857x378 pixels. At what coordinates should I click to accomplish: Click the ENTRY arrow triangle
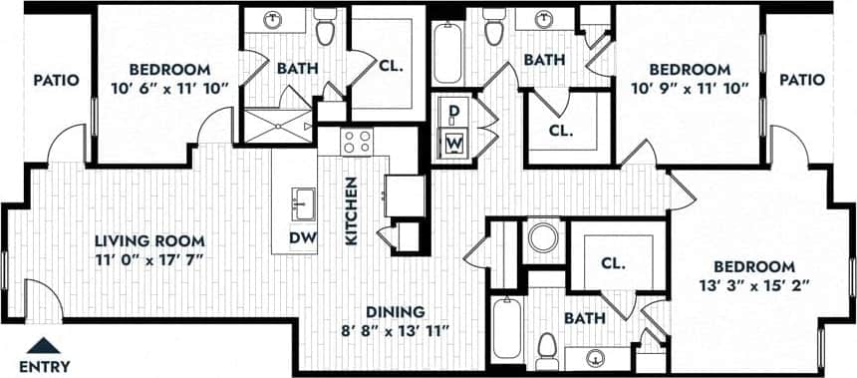click(42, 346)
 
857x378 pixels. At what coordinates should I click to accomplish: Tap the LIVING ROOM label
click(149, 240)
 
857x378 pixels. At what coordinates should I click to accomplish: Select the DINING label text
click(394, 310)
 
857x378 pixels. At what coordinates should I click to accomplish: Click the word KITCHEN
click(351, 210)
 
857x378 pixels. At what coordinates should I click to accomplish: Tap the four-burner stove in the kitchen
click(356, 143)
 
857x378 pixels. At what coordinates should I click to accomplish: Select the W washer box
click(454, 142)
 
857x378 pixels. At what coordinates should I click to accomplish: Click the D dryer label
click(453, 111)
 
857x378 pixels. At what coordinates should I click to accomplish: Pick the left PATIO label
click(56, 80)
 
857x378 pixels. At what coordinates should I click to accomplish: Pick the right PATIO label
click(802, 80)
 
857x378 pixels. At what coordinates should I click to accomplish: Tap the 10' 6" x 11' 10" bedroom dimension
click(169, 88)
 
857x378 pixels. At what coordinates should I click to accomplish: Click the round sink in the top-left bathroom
click(272, 20)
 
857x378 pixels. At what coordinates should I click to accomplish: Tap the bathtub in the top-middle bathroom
click(447, 52)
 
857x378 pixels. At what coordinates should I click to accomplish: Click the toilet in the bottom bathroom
click(547, 349)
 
